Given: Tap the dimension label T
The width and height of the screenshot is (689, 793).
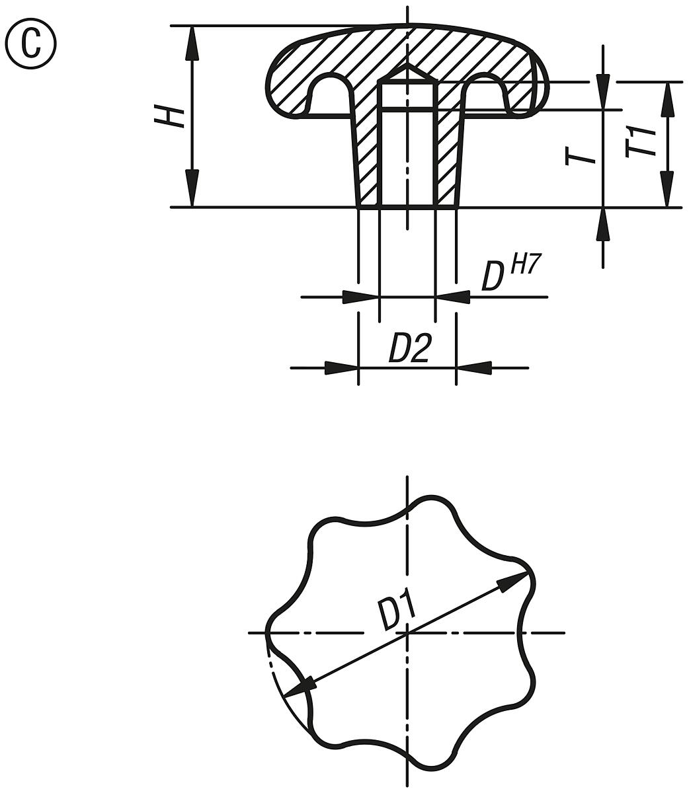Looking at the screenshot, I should click(x=577, y=156).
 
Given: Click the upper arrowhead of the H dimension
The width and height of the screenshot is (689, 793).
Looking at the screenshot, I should click(x=192, y=43).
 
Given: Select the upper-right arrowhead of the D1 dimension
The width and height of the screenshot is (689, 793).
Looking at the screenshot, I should click(x=513, y=582).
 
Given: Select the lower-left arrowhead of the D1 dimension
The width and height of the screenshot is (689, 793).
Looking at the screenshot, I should click(x=298, y=688).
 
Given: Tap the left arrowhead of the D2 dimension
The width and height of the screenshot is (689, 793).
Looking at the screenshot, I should click(x=341, y=367).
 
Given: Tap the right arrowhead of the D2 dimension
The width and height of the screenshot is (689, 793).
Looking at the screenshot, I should click(x=473, y=367).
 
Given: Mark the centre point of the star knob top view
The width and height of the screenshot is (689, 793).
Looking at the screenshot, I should click(x=407, y=633).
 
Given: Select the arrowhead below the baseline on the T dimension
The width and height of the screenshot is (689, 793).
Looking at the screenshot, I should click(x=602, y=227).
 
